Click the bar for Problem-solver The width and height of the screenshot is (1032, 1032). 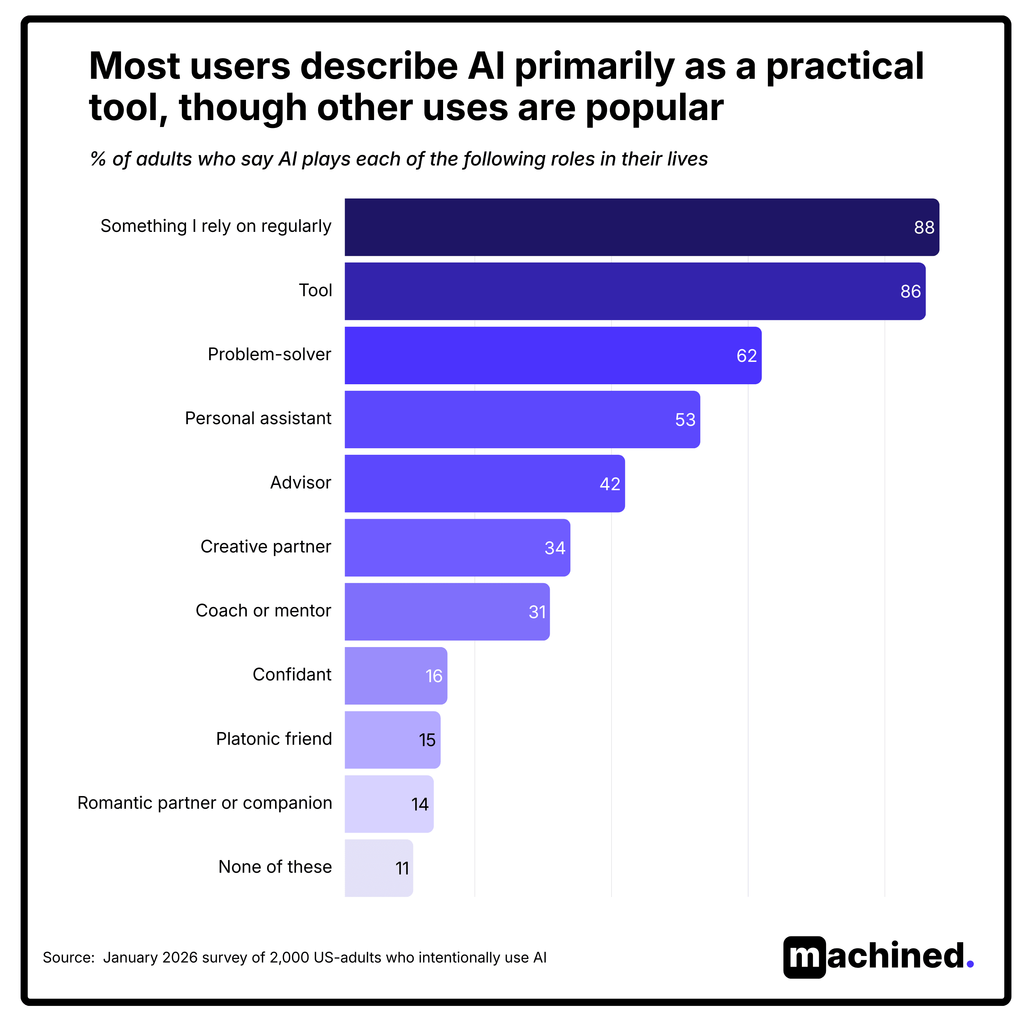(x=552, y=355)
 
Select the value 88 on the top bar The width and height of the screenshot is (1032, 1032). (x=924, y=227)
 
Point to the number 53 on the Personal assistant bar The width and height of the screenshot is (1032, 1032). (x=685, y=420)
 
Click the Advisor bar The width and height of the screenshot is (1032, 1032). (x=484, y=483)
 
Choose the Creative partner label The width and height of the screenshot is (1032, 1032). (x=266, y=547)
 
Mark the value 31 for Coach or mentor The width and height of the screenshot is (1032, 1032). (x=537, y=612)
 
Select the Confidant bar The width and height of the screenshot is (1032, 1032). (x=395, y=676)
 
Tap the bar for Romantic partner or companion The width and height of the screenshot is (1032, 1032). (x=388, y=804)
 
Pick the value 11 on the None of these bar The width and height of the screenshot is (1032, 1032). (x=402, y=869)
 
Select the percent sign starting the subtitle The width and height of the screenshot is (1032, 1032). (x=98, y=159)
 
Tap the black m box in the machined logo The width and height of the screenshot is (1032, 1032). (x=804, y=957)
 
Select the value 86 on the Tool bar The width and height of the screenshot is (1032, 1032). (x=910, y=292)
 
